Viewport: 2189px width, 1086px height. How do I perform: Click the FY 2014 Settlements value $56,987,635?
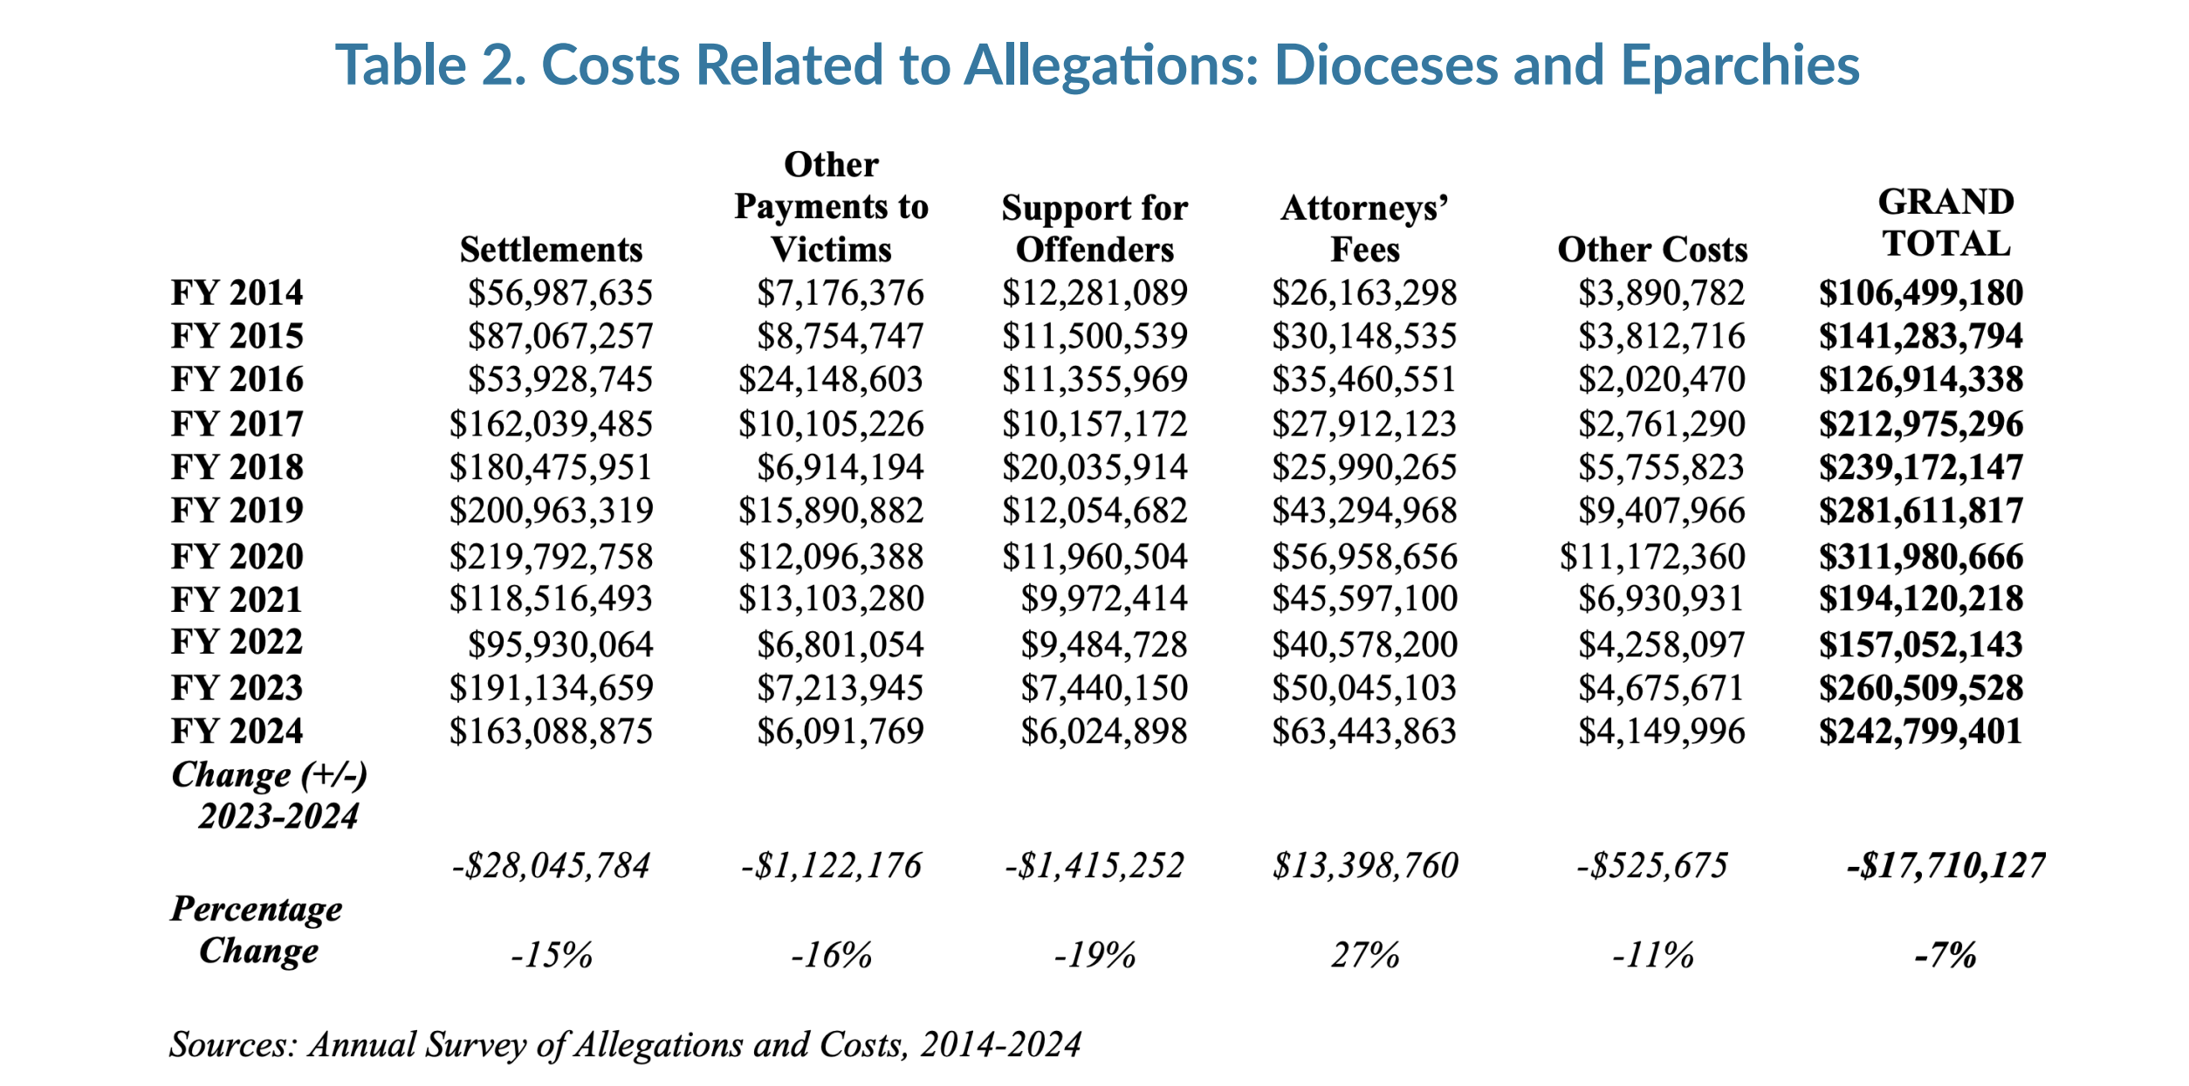pos(559,293)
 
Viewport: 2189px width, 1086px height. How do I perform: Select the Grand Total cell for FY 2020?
pos(1920,557)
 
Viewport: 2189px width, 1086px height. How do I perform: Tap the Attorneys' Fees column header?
pos(1364,229)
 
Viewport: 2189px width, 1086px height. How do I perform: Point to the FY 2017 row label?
pos(237,424)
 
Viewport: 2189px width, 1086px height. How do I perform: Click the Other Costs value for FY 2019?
pos(1661,511)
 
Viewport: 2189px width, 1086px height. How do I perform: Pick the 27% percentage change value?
pos(1365,955)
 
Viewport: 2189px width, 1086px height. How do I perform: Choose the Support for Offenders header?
pos(1094,229)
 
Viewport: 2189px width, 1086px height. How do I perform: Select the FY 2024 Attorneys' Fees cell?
pos(1364,732)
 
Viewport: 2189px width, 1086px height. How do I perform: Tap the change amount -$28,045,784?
pos(551,866)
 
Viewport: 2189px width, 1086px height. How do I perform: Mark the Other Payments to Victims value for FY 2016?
pos(830,380)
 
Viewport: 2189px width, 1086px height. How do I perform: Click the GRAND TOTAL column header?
pos(1945,223)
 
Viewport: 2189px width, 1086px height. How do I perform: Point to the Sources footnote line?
pos(625,1044)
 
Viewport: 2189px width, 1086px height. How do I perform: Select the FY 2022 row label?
pos(237,643)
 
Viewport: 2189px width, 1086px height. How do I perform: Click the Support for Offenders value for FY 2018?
pos(1094,468)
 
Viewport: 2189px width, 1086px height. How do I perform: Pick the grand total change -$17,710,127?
pos(1945,866)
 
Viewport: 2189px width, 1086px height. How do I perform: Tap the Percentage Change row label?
pos(257,930)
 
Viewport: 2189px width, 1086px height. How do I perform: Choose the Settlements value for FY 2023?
pos(551,688)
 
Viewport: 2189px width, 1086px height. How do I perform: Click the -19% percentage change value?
pos(1094,955)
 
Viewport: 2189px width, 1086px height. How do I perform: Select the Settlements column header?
pos(551,250)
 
